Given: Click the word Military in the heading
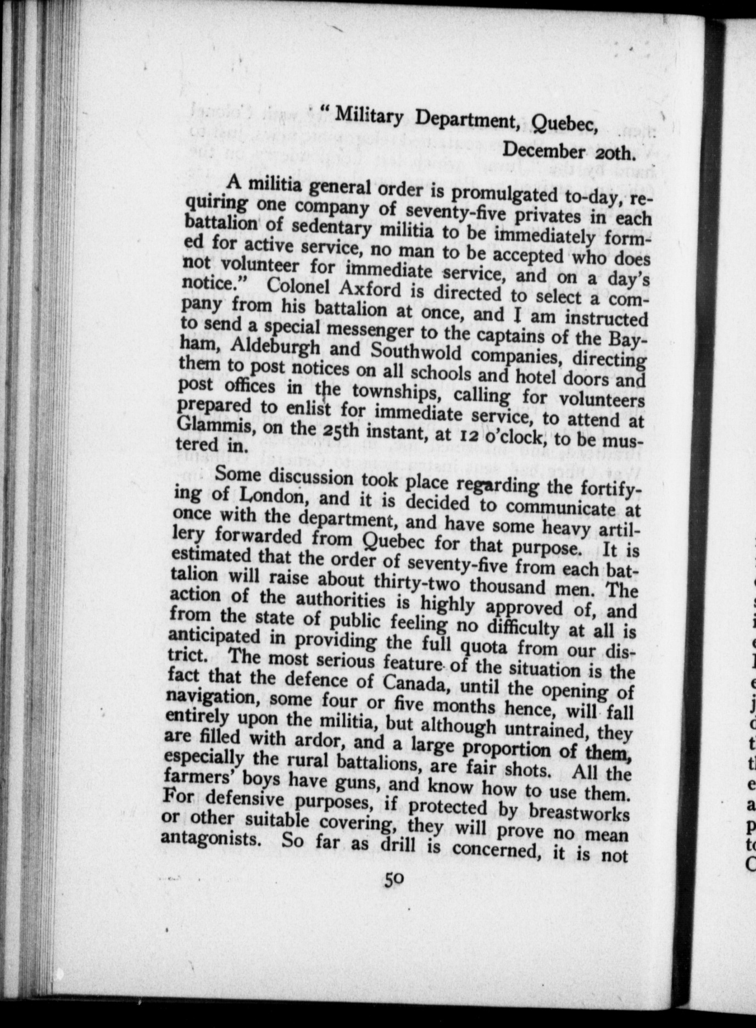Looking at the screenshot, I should click(369, 117).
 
